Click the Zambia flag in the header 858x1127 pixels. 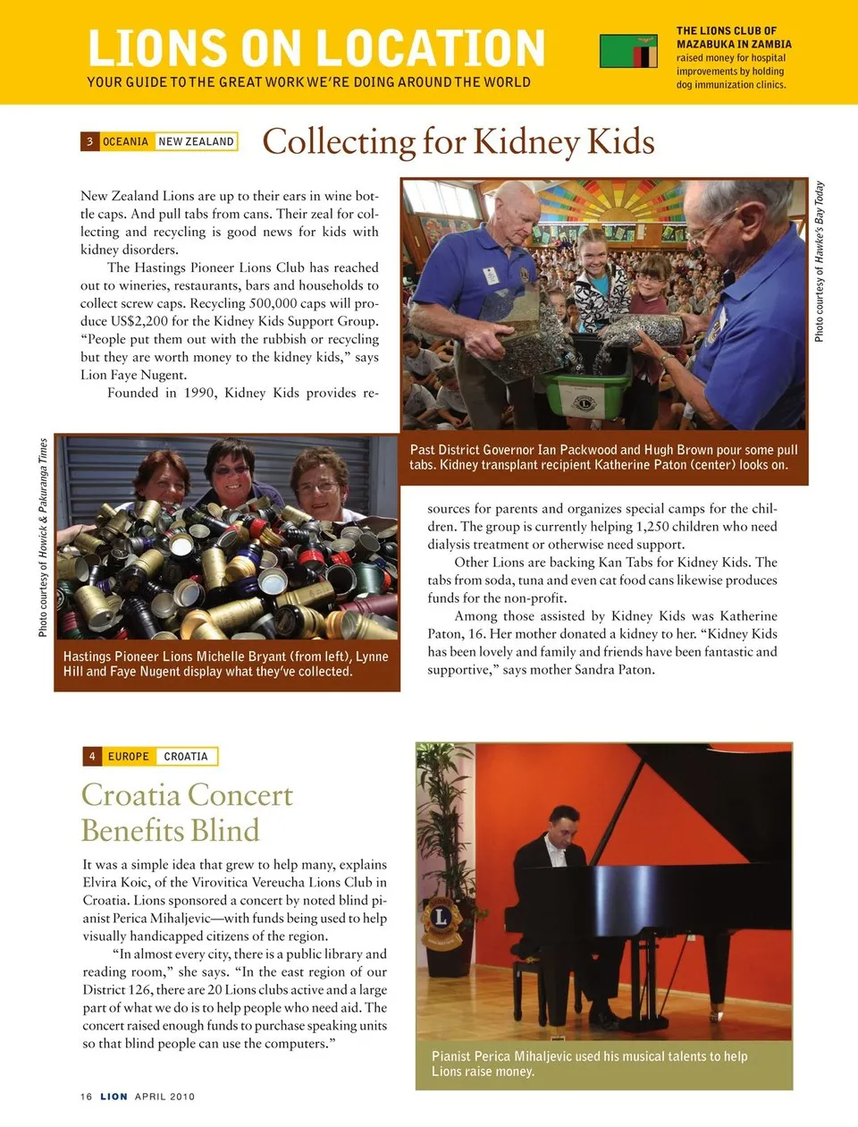[628, 52]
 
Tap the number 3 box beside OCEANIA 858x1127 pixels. [89, 141]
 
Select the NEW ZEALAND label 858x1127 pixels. [196, 141]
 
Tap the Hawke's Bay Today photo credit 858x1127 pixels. [820, 261]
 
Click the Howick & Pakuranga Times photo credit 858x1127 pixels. [43, 538]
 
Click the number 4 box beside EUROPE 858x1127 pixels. [92, 757]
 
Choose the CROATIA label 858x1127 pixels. [186, 757]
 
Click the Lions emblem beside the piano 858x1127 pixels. [441, 918]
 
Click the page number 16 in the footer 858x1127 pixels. [86, 1097]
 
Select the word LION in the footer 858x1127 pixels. [114, 1097]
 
